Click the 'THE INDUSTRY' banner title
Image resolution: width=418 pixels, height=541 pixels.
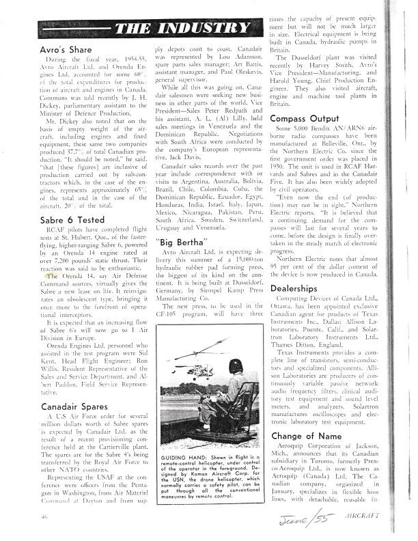(182, 28)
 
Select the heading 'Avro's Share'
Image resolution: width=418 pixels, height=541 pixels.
(64, 51)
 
